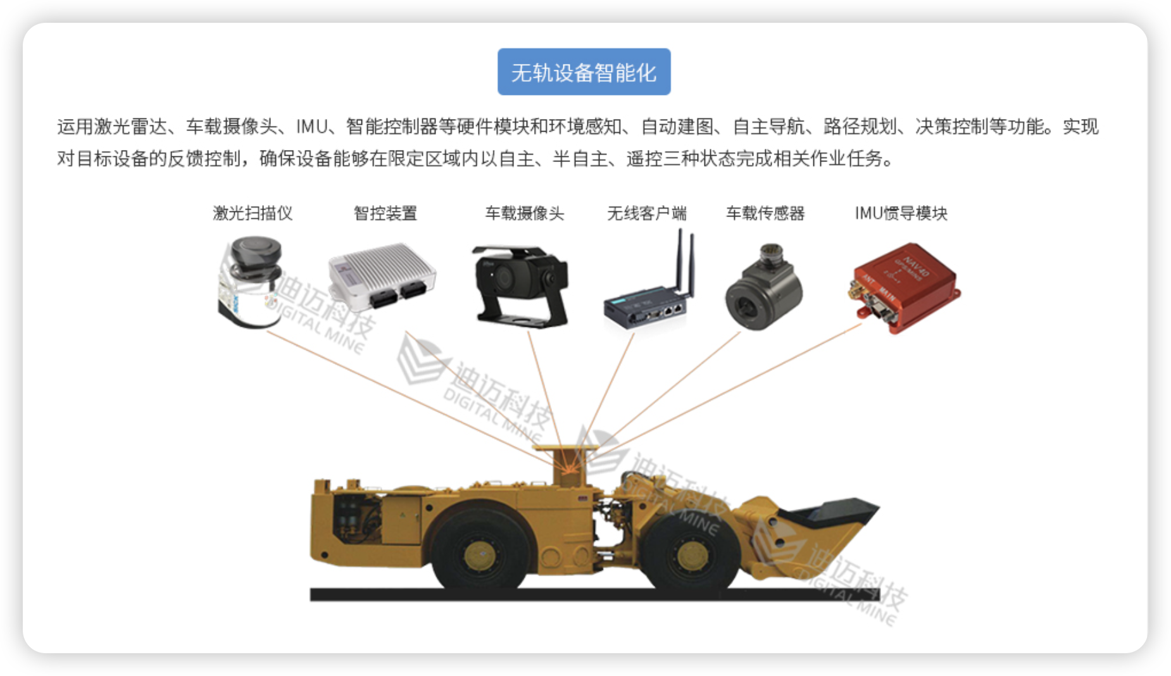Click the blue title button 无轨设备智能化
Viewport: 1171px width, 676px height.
tap(584, 72)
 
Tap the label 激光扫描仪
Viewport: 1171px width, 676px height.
tap(253, 213)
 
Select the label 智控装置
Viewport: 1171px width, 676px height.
tap(385, 213)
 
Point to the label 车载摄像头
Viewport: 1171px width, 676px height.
tap(524, 213)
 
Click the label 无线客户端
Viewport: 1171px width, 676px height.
tap(646, 213)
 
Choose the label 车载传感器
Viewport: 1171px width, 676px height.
tap(765, 213)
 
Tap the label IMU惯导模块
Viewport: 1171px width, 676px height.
tap(901, 213)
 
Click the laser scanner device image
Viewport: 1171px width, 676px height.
tap(250, 282)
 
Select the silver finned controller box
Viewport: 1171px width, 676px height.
tap(382, 276)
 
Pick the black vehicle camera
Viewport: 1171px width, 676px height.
tap(521, 286)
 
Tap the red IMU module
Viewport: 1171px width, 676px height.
tap(905, 288)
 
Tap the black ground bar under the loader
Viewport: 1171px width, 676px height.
tap(595, 594)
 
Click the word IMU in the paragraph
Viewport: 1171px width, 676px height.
tap(312, 127)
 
